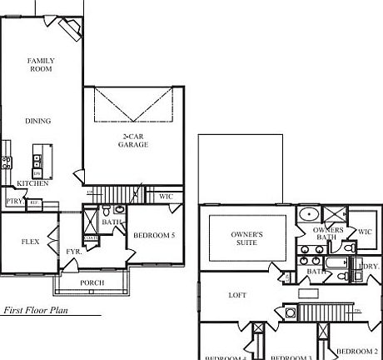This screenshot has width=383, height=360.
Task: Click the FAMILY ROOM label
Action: pyautogui.click(x=41, y=66)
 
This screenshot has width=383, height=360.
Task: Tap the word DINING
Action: pyautogui.click(x=37, y=121)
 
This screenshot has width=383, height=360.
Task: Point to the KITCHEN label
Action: pyautogui.click(x=32, y=182)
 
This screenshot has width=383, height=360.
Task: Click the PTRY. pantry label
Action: pyautogui.click(x=13, y=201)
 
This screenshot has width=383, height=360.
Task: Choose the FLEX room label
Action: pyautogui.click(x=30, y=242)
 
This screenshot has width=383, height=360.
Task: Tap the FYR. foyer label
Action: pyautogui.click(x=72, y=251)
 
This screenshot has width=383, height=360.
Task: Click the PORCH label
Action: pyautogui.click(x=92, y=282)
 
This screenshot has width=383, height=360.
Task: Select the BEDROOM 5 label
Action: pyautogui.click(x=155, y=235)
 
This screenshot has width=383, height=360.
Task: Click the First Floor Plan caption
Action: pyautogui.click(x=35, y=309)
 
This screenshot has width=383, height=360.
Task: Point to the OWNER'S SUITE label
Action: pyautogui.click(x=246, y=239)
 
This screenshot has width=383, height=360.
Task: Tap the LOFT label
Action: pyautogui.click(x=239, y=295)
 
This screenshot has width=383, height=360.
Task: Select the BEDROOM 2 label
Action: pyautogui.click(x=358, y=351)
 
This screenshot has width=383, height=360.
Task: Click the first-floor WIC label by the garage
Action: pyautogui.click(x=165, y=197)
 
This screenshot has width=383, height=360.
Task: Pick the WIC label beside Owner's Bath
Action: pyautogui.click(x=364, y=232)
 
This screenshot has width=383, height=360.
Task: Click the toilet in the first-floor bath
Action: pyautogui.click(x=118, y=210)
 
